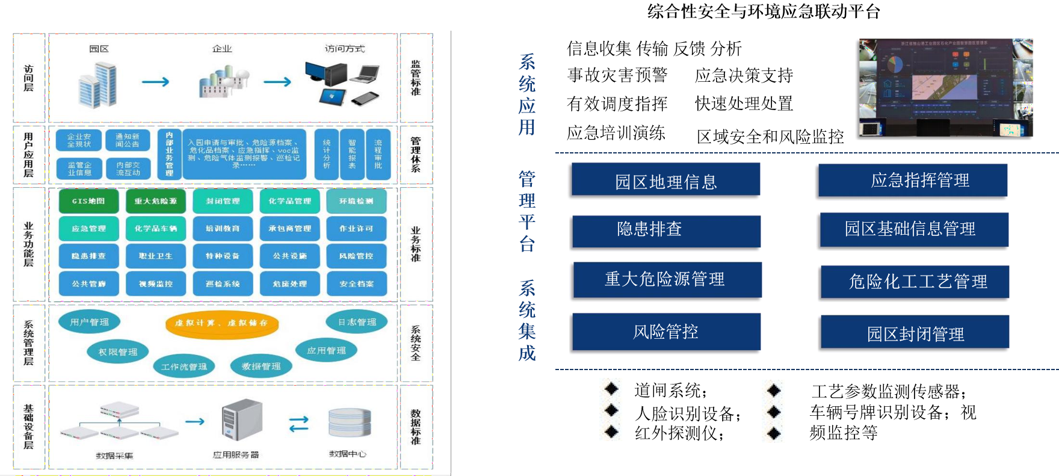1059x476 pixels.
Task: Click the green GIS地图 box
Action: coord(88,201)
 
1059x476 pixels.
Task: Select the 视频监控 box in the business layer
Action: coord(156,283)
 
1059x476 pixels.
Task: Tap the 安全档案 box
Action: coord(356,283)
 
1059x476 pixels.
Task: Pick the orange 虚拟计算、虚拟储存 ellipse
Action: coord(221,323)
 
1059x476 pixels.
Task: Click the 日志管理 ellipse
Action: coord(357,322)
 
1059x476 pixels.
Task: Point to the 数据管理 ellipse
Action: coord(261,366)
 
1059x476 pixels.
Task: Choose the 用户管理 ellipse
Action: coord(89,322)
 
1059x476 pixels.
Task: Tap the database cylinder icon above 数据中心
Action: coord(350,422)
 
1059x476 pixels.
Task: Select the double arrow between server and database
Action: coord(299,424)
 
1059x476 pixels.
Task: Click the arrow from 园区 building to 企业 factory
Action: coord(156,82)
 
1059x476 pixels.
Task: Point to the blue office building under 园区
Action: coord(98,85)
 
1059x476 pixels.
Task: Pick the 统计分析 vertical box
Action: coord(327,155)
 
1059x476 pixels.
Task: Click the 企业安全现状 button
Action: coord(79,140)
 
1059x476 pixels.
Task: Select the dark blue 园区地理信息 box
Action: coord(665,181)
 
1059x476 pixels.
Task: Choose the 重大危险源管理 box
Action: coord(666,280)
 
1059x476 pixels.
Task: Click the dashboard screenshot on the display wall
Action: coord(945,87)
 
